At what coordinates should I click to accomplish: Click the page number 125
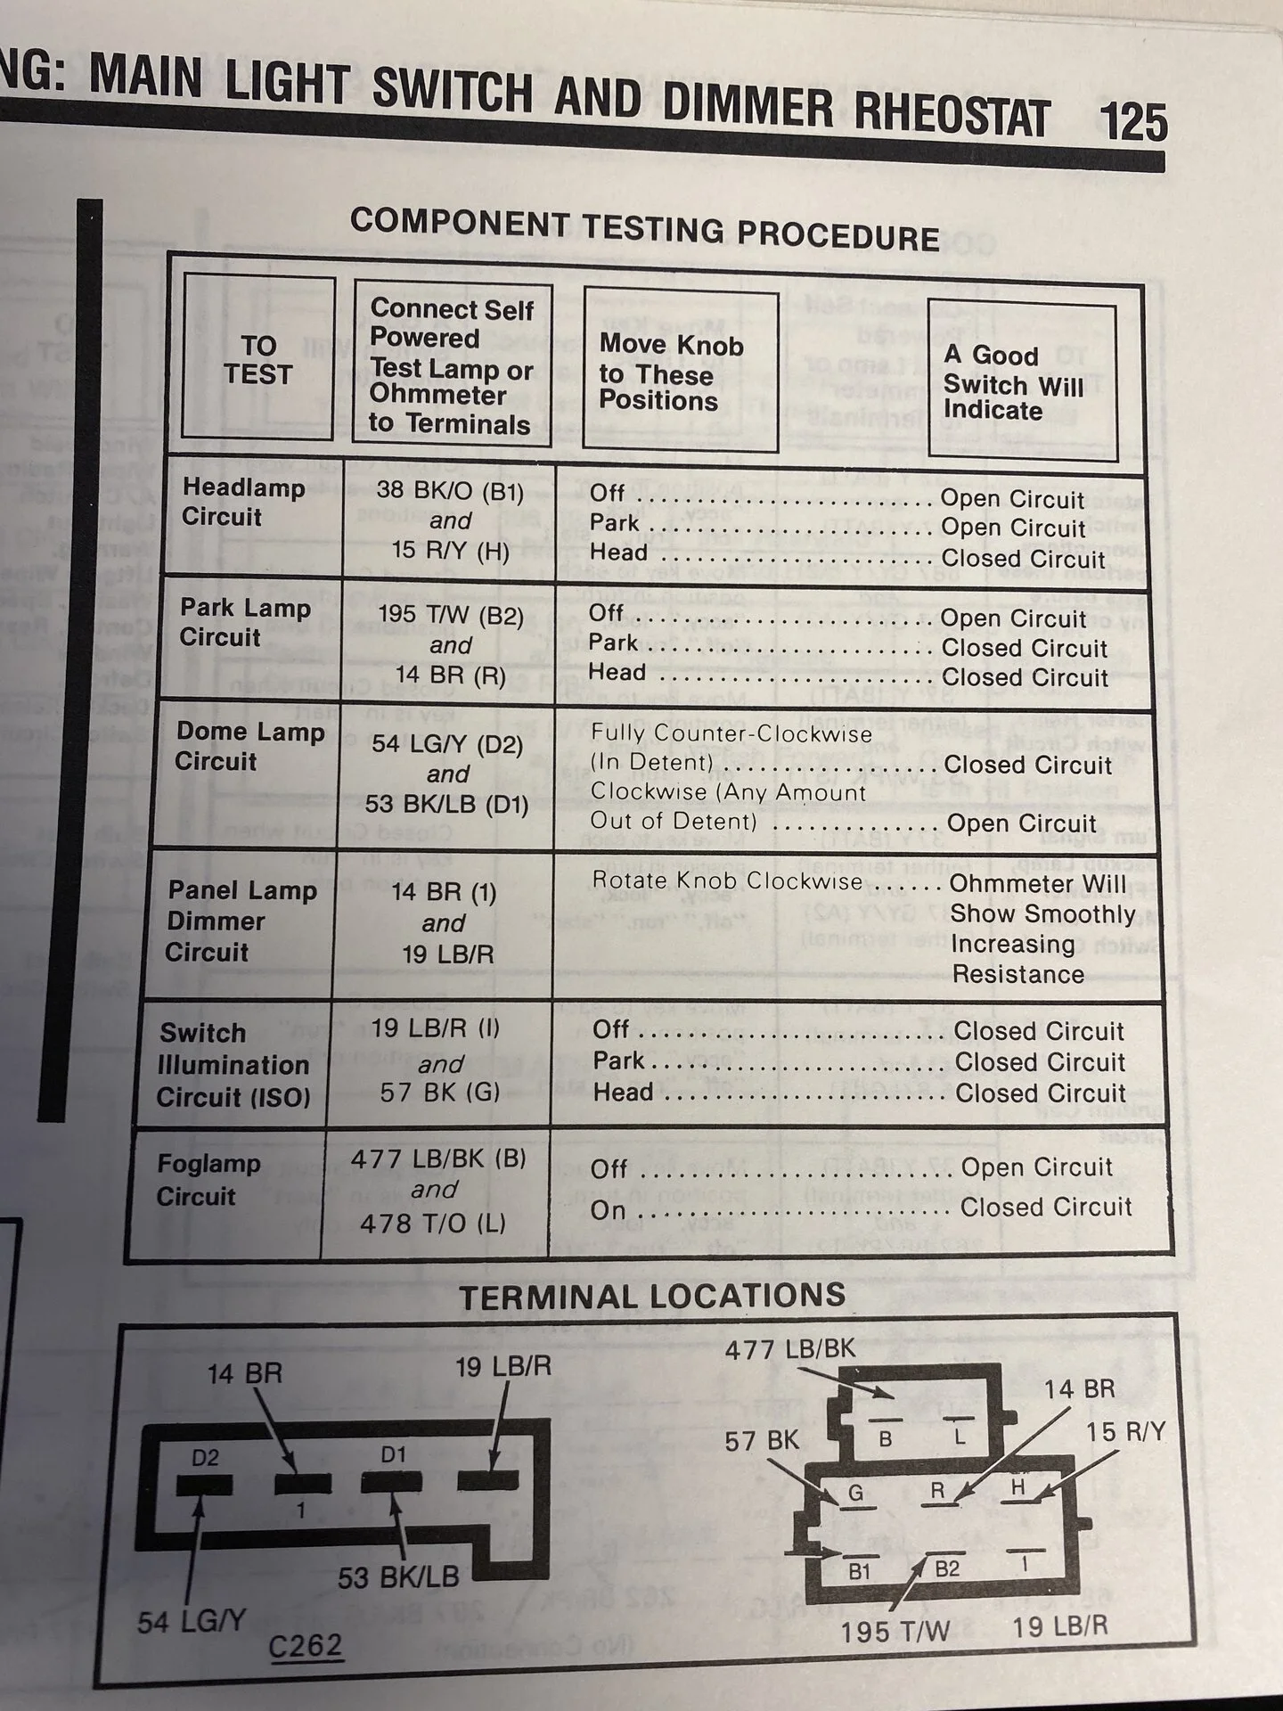[x=1133, y=122]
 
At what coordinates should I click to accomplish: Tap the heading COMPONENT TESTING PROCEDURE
[x=645, y=229]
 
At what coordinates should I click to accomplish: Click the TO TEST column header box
[x=258, y=358]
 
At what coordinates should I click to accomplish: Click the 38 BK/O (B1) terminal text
[x=450, y=491]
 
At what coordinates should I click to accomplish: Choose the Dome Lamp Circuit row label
[x=249, y=746]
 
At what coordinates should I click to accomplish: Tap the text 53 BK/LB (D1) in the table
[x=447, y=804]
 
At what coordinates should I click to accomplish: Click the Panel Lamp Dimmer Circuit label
[x=241, y=921]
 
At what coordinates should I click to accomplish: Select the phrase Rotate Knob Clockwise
[x=727, y=880]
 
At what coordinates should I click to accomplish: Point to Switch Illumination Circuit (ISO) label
[x=233, y=1065]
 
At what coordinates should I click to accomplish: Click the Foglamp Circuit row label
[x=208, y=1179]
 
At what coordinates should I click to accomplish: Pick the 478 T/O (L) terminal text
[x=433, y=1224]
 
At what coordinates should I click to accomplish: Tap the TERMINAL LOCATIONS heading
[x=653, y=1296]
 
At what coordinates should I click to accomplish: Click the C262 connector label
[x=306, y=1645]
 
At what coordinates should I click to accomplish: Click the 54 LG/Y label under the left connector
[x=192, y=1621]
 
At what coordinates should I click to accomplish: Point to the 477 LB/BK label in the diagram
[x=789, y=1349]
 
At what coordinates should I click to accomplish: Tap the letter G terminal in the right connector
[x=855, y=1492]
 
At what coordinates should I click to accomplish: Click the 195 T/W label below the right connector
[x=895, y=1632]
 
